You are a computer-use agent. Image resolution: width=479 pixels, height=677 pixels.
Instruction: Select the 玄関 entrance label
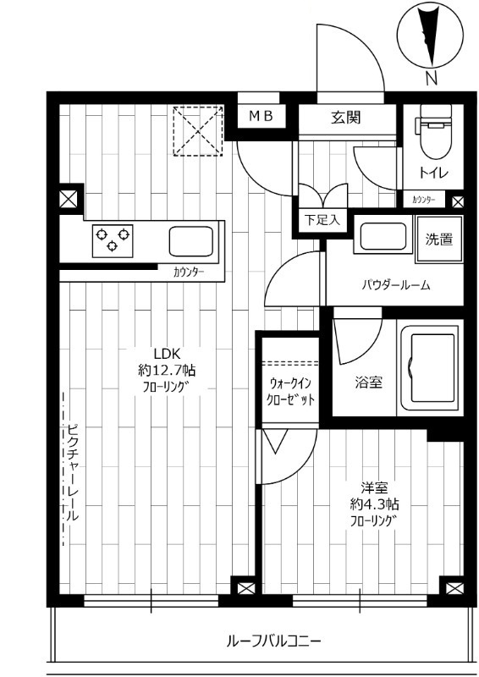346,117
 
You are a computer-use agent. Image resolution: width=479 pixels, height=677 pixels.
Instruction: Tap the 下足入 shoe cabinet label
322,220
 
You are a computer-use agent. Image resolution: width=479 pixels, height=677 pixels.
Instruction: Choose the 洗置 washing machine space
438,239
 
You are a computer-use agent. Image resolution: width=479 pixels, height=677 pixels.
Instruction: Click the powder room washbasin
383,238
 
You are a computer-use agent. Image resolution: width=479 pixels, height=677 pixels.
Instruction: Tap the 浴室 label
368,382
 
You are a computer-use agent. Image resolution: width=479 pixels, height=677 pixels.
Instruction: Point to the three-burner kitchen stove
113,239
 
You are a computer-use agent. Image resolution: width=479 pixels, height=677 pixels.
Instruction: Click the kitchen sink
192,241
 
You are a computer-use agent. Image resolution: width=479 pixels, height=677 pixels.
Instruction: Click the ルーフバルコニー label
273,641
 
